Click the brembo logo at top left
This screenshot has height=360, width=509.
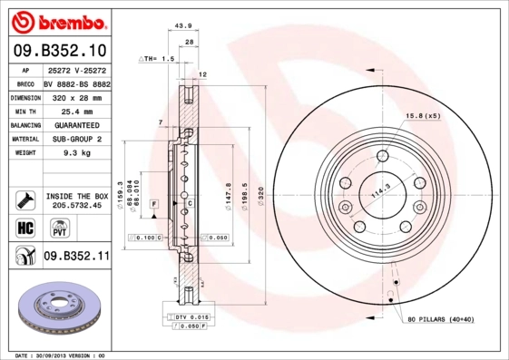[60, 20]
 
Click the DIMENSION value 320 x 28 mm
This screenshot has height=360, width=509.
[76, 95]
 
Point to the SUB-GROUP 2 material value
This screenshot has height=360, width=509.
[76, 140]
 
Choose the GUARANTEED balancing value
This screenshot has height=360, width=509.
[76, 124]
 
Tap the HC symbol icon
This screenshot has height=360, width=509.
[24, 227]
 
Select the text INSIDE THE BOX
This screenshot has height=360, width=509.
[77, 196]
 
